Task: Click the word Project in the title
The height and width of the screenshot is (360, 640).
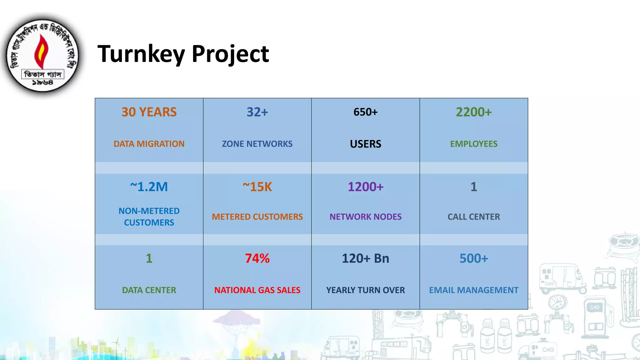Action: [x=230, y=54]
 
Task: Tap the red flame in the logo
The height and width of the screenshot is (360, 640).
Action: [x=41, y=52]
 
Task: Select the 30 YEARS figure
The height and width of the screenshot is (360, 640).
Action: [x=149, y=112]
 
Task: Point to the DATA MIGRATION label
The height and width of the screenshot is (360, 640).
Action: [x=149, y=144]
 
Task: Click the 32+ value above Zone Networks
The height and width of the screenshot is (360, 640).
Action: [x=257, y=112]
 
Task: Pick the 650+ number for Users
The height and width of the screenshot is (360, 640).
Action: [x=365, y=112]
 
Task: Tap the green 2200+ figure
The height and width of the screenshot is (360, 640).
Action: [x=473, y=112]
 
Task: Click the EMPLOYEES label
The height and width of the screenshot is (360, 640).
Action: [x=473, y=144]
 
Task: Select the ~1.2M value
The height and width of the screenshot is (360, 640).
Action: [x=149, y=187]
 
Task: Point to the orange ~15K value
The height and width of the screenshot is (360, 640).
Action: [x=257, y=187]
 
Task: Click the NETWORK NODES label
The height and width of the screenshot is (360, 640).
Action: [x=365, y=217]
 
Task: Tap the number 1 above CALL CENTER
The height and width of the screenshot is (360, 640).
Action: [x=473, y=187]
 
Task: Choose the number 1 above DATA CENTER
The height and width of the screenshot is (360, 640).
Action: [x=149, y=258]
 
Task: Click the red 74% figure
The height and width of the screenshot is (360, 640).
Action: [x=257, y=258]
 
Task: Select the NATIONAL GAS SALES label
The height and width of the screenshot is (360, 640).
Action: [x=257, y=290]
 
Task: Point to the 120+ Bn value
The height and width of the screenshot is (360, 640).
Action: [x=365, y=258]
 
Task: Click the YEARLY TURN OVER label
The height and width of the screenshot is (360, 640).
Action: [x=365, y=290]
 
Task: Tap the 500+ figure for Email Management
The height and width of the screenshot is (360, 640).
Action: [x=473, y=258]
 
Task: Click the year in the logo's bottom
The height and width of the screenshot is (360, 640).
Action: [x=42, y=82]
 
